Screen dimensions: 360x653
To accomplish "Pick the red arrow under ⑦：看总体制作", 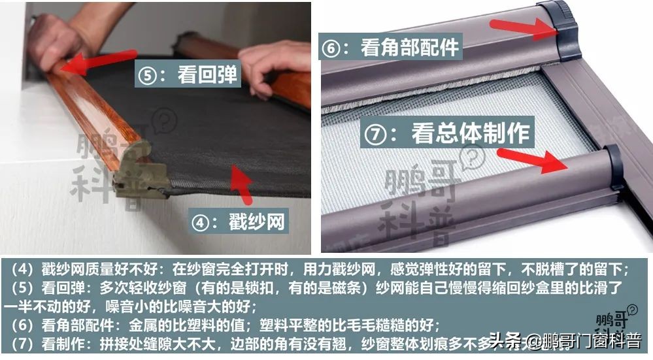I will [x=532, y=160].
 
